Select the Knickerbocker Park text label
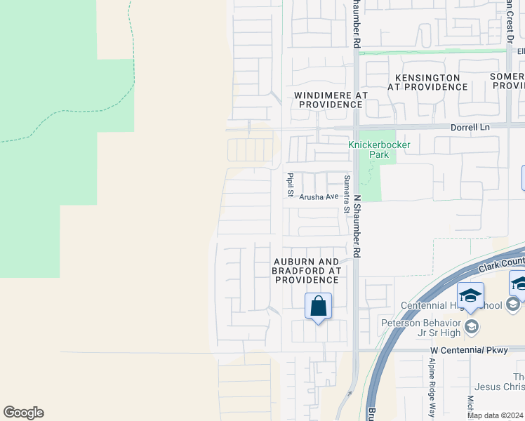coord(380,149)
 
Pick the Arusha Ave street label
coord(319,197)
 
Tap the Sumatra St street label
coord(346,190)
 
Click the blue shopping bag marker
coord(318,307)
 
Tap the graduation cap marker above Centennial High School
coord(470,295)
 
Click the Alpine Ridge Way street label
coord(432,396)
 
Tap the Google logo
coord(24,413)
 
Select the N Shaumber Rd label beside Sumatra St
coord(357,225)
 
